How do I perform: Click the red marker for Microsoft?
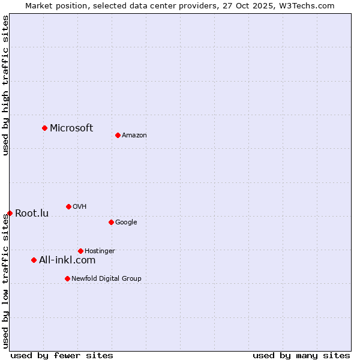(x=44, y=128)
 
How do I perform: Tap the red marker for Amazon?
(x=118, y=135)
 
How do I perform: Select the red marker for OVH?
(x=68, y=206)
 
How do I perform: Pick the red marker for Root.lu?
(x=10, y=213)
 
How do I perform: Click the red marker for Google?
(x=111, y=222)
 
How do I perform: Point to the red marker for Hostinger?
(x=80, y=251)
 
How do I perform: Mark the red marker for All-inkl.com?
(x=34, y=260)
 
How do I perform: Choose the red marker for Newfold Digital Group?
(x=67, y=278)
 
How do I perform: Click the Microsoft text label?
(x=71, y=128)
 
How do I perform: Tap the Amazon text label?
(x=134, y=135)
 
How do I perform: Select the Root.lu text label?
(x=32, y=213)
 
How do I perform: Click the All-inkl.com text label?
(x=67, y=260)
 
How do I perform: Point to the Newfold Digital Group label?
(x=106, y=278)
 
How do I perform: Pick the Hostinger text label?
(x=100, y=251)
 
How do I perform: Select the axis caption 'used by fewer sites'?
(x=62, y=355)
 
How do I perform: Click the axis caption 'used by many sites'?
(x=301, y=355)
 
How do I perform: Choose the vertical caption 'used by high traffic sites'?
(x=5, y=85)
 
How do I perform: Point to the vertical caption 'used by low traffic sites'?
(x=5, y=280)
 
